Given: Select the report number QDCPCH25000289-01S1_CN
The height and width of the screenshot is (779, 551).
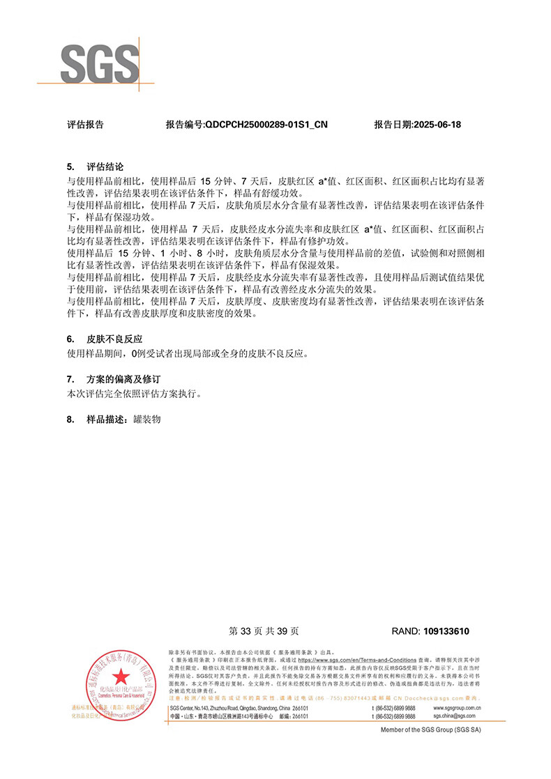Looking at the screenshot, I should pos(246,125).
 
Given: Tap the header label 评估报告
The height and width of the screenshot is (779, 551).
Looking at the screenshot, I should pos(85,125).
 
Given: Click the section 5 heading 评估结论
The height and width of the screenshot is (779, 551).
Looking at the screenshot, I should pos(105,167).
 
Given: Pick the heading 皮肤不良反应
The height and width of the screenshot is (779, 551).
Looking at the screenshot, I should pos(114,339).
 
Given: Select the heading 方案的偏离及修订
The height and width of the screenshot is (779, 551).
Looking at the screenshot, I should pos(123,380).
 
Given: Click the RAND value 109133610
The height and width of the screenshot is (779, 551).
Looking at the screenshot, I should pos(446,631).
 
